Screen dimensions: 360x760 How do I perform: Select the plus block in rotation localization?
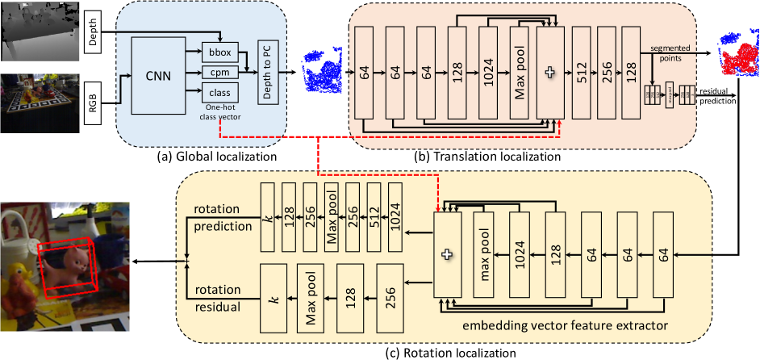(x=448, y=253)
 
